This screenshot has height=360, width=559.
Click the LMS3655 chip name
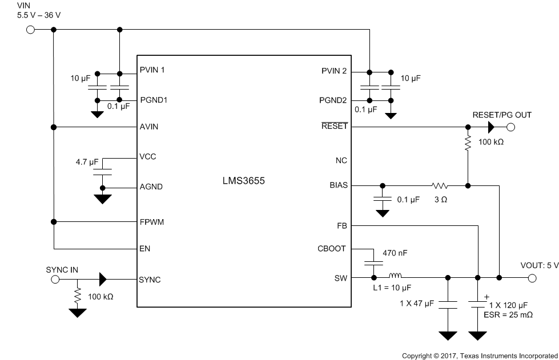(x=243, y=181)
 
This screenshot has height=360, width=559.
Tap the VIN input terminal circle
(x=30, y=30)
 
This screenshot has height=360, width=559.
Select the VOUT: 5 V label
(x=539, y=265)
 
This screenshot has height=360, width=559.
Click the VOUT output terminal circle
(x=532, y=278)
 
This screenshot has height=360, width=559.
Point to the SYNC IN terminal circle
(x=55, y=280)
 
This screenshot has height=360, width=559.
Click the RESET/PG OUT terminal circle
(x=511, y=127)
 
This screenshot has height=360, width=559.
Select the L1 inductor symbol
(x=395, y=278)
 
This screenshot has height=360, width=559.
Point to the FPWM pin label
(x=151, y=222)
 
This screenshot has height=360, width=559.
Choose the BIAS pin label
(x=337, y=185)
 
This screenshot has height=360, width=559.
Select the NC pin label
(x=341, y=161)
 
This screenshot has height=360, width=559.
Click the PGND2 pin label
(x=333, y=100)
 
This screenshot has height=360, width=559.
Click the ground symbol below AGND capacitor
(x=103, y=199)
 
